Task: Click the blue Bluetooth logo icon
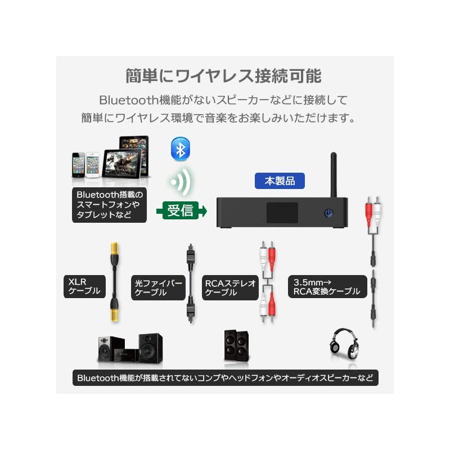(x=180, y=150)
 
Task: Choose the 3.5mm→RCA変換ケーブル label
(x=326, y=286)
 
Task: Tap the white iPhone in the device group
(x=92, y=164)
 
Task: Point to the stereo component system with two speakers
(x=130, y=348)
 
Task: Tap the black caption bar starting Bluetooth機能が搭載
(x=225, y=377)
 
